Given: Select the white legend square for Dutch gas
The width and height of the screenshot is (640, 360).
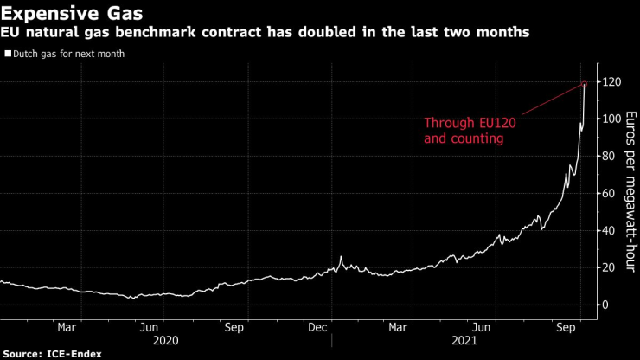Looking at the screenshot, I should pos(7,54).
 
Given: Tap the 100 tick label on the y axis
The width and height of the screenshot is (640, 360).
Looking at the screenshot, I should pos(611,119).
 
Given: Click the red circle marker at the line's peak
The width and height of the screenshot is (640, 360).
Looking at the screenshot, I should pos(585,84).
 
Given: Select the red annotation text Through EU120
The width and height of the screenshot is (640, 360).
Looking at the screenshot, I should pos(464,123).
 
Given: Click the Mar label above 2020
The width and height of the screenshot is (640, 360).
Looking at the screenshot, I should pos(67,328).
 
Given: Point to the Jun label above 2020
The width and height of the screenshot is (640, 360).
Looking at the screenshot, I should pos(150,328).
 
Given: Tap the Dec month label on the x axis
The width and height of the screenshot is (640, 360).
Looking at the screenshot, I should pos(317,328).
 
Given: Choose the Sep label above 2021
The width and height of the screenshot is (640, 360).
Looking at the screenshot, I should pos(566,328).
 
